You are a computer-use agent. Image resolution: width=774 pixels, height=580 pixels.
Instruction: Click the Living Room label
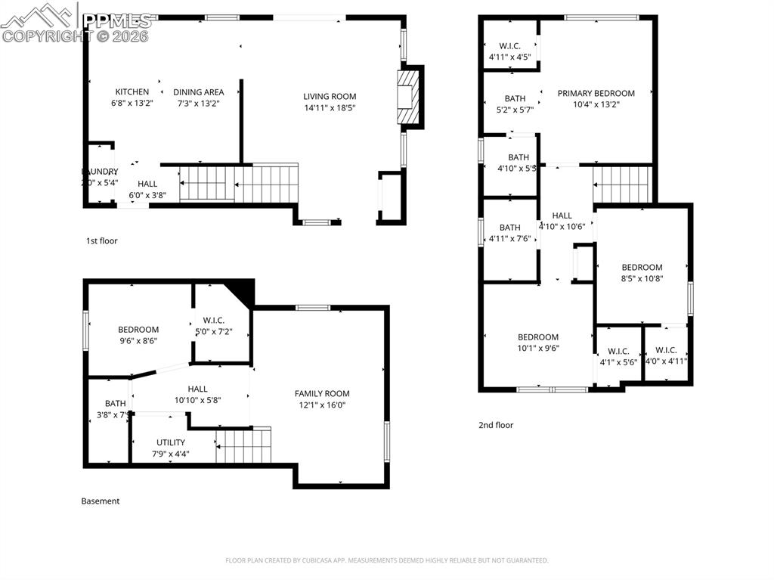point(330,97)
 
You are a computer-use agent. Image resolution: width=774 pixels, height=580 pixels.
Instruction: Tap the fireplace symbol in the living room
point(407,96)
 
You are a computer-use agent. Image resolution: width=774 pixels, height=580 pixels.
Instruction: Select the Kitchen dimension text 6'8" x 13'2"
point(132,103)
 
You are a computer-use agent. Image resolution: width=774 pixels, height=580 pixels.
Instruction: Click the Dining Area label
point(200,92)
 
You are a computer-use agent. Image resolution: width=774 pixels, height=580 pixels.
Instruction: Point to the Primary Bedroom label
point(596,94)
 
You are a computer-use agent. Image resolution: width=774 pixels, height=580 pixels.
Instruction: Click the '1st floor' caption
point(101,241)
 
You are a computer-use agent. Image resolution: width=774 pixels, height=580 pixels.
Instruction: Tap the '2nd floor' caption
point(496,426)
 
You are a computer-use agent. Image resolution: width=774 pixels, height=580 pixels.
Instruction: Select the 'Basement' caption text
point(100,501)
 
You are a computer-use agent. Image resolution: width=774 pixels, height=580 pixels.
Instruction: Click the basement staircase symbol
point(243,445)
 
